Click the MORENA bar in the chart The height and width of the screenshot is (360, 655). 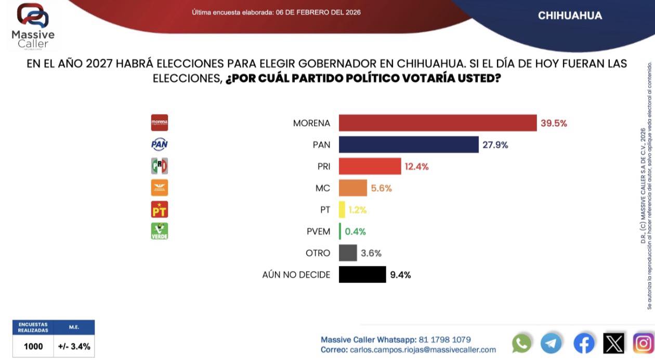437,123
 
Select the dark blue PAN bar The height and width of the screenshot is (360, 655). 408,145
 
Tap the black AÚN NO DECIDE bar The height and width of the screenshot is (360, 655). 362,274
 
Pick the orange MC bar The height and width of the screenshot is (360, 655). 352,188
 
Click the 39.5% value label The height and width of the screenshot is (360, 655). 553,123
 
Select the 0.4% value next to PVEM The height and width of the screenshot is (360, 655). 356,231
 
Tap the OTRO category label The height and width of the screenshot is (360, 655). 318,253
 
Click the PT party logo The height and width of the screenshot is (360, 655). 159,209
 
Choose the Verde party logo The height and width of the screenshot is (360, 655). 159,231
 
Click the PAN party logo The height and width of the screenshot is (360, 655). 159,145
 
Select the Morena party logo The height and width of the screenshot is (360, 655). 159,123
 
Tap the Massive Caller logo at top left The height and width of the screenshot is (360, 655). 33,26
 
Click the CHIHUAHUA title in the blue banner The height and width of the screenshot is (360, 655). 570,16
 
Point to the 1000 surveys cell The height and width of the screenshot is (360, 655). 33,346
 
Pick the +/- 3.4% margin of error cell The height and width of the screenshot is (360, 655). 73,346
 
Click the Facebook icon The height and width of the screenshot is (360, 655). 584,343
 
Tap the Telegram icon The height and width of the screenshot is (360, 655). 551,343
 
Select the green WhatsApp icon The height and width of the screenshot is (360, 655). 522,343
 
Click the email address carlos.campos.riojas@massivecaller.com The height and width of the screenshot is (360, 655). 423,350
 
